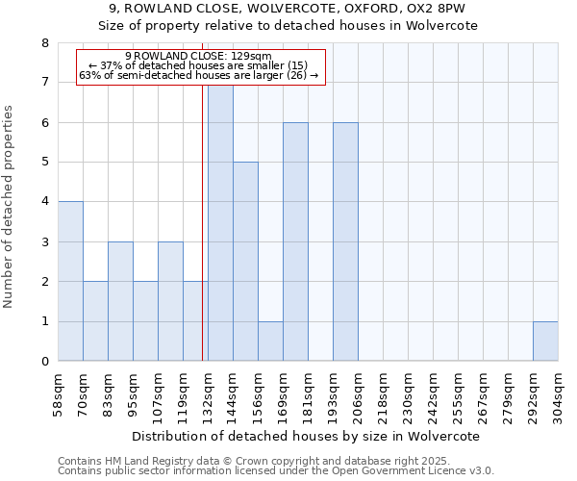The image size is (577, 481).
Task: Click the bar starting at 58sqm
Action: pyautogui.click(x=70, y=281)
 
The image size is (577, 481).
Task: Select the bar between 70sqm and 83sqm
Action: pyautogui.click(x=95, y=321)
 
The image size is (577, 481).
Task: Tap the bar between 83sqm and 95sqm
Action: pyautogui.click(x=120, y=301)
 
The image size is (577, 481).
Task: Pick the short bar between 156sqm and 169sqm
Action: pyautogui.click(x=270, y=342)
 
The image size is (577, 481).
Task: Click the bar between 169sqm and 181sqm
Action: pyautogui.click(x=295, y=241)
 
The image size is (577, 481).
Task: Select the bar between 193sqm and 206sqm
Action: pyautogui.click(x=345, y=241)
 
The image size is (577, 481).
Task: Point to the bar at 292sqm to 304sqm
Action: pyautogui.click(x=545, y=342)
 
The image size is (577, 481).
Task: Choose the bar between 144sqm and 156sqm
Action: pyautogui.click(x=245, y=262)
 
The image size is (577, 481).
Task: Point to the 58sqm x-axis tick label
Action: pyautogui.click(x=59, y=393)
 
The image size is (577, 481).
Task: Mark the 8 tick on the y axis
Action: pyautogui.click(x=44, y=43)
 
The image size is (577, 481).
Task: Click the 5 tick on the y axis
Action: pyautogui.click(x=44, y=163)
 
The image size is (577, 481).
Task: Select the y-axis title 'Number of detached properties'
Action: pyautogui.click(x=10, y=207)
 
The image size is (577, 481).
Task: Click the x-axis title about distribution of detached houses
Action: pyautogui.click(x=308, y=436)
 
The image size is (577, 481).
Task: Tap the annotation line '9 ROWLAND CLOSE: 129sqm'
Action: pyautogui.click(x=199, y=56)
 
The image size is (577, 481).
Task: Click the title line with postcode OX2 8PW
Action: pyautogui.click(x=288, y=9)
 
